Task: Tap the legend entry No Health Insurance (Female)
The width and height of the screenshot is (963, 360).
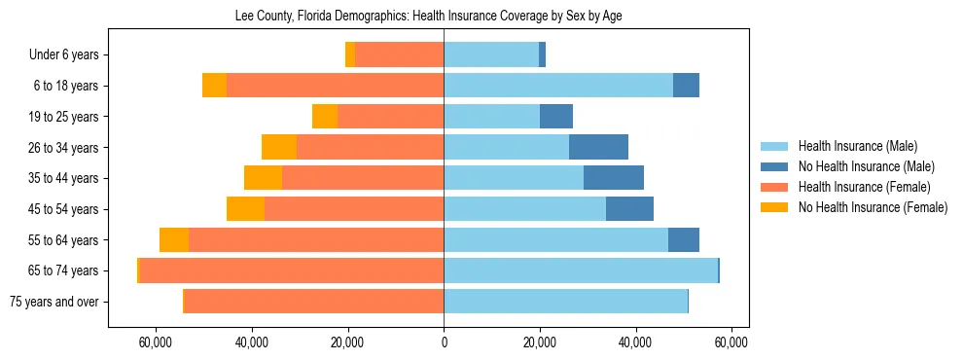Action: coord(873,207)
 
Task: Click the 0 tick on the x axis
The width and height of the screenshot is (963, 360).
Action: coord(444,342)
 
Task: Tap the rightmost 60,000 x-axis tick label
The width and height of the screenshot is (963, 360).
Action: coord(731,342)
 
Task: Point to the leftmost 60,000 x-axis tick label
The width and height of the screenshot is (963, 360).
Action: coord(156,342)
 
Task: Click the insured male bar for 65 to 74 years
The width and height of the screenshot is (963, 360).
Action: coord(581,270)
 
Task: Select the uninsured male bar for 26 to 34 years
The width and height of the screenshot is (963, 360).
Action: coord(598,148)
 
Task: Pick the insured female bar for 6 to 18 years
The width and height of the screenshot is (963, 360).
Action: coord(335,86)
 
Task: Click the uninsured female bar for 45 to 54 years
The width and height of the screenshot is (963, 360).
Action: coord(245,209)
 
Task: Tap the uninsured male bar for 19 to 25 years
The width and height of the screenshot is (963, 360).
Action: coord(556,117)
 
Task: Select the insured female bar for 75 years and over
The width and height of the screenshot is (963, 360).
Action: coord(313,302)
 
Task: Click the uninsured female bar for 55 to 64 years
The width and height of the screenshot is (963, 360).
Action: coord(174,240)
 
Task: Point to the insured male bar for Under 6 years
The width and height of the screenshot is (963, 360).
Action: coord(491,55)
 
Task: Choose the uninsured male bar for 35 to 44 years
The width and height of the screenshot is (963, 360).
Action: coord(614,178)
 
